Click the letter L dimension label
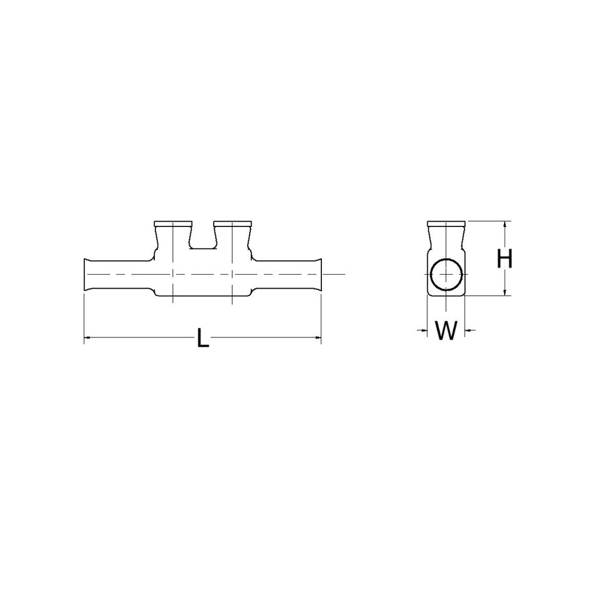[202, 338]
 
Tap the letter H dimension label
[505, 258]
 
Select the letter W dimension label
[446, 331]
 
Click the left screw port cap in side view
[172, 223]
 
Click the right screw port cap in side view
[232, 223]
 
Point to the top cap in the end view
[446, 223]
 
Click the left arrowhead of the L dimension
[87, 337]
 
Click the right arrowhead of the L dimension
[318, 337]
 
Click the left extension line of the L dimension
[84, 314]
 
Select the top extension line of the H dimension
[489, 221]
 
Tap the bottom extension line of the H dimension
[489, 296]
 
